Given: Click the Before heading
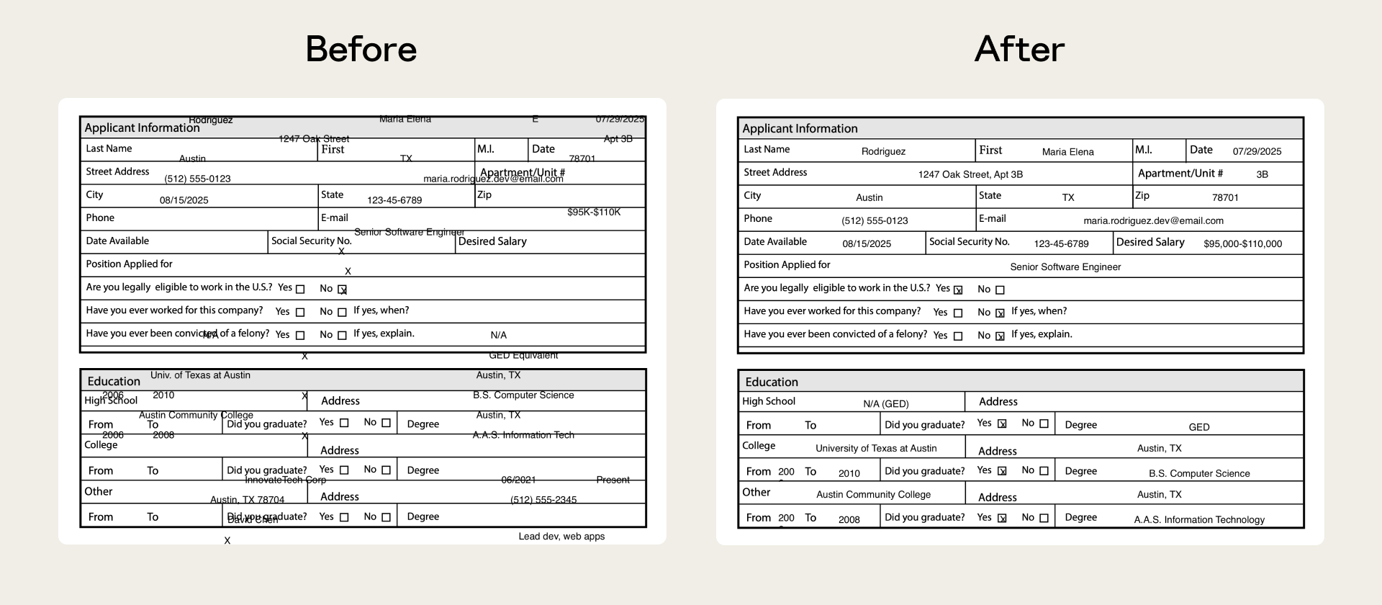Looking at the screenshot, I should pos(361,49).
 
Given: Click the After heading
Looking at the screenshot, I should pos(1019,49).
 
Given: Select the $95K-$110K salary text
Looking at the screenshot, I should pos(593,212).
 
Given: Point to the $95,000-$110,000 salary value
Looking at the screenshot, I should pos(1242,244).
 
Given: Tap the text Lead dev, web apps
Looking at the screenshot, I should pos(561,537).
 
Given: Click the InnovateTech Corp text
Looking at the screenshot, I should pos(285,480).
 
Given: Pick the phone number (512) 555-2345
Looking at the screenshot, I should pos(543,500).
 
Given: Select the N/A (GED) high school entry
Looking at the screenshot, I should pos(885,404).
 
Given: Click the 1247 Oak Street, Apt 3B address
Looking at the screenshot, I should pos(970,174).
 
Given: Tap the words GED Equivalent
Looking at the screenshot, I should pos(523,355).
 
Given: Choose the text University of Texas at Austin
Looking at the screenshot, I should pos(876,448).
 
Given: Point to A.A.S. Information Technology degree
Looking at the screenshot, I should pos(1199,520).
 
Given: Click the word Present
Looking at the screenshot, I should pos(613,480).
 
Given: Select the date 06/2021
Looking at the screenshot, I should pos(518,480).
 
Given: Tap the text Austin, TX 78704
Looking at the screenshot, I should pos(247,500).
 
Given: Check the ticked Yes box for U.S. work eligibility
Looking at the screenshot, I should pos(958,290).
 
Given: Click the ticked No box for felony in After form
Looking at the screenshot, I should pos(1000,336).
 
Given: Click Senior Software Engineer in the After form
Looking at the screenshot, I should pos(1065,267).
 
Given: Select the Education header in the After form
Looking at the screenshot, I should pos(772,382).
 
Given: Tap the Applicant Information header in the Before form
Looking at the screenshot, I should pos(142,128).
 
